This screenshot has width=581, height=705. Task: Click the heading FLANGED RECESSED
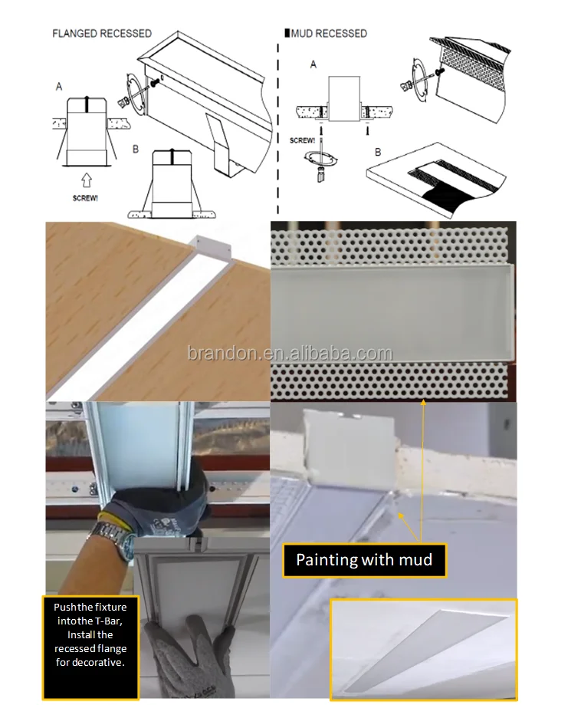101,34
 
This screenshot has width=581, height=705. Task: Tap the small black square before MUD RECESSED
287,34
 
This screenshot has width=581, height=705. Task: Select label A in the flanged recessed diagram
59,87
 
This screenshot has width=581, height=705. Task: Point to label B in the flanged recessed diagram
136,149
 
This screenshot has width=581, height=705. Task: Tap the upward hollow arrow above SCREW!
86,181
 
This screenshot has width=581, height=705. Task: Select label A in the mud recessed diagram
313,65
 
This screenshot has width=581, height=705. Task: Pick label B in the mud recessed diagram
377,153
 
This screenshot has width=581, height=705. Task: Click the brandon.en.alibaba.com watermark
290,354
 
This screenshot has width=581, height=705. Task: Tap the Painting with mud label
364,559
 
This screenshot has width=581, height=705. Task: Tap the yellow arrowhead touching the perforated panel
423,400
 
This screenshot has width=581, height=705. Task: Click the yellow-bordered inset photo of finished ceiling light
423,648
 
